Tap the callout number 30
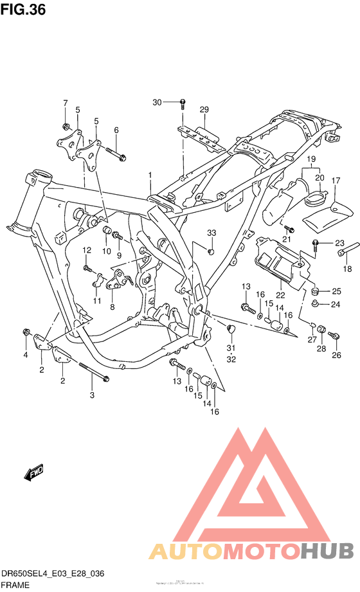pos(157,102)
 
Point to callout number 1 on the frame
pos(150,175)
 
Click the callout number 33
pos(211,232)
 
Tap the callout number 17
pos(335,181)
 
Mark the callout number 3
pos(92,395)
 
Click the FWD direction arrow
pos(33,474)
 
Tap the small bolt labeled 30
pos(183,102)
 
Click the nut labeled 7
pos(66,125)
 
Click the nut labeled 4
pos(26,332)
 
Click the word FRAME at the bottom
pos(15,586)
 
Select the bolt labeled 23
pos(317,243)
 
